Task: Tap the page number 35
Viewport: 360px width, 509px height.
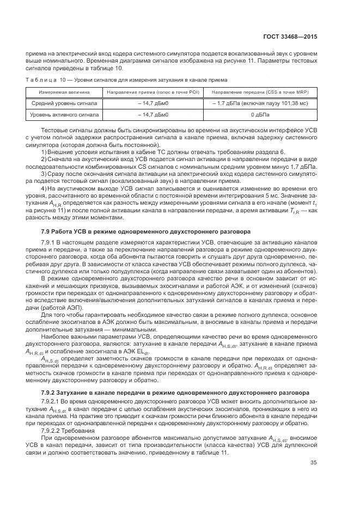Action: point(314,479)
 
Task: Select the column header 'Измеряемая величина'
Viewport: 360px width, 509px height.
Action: point(64,92)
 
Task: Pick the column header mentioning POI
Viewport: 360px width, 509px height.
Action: point(151,92)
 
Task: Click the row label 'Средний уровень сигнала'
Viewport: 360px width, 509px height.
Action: point(64,103)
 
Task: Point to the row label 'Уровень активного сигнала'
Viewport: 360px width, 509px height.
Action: point(64,115)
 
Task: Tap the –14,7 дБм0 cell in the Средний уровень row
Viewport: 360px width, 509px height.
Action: point(151,103)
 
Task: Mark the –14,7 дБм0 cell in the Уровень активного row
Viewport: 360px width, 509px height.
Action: point(151,115)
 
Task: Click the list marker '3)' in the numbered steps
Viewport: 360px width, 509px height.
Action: point(45,173)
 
